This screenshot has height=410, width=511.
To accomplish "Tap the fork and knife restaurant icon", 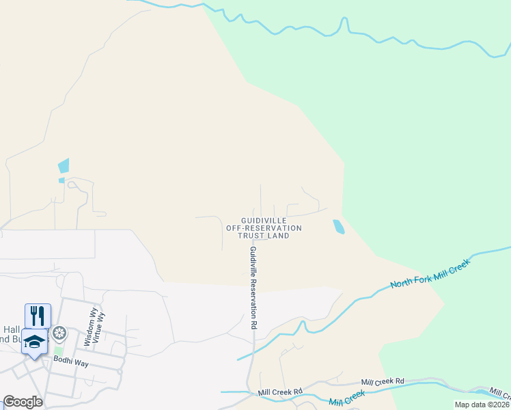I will pyautogui.click(x=38, y=316).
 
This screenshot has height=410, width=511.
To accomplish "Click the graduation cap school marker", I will pyautogui.click(x=34, y=341).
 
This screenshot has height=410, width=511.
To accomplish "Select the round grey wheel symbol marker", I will pyautogui.click(x=59, y=333).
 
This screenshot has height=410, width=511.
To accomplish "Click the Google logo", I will pyautogui.click(x=23, y=402).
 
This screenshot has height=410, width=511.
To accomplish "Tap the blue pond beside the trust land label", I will pyautogui.click(x=338, y=227).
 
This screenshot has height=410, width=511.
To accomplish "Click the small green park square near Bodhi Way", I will pyautogui.click(x=58, y=351).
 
